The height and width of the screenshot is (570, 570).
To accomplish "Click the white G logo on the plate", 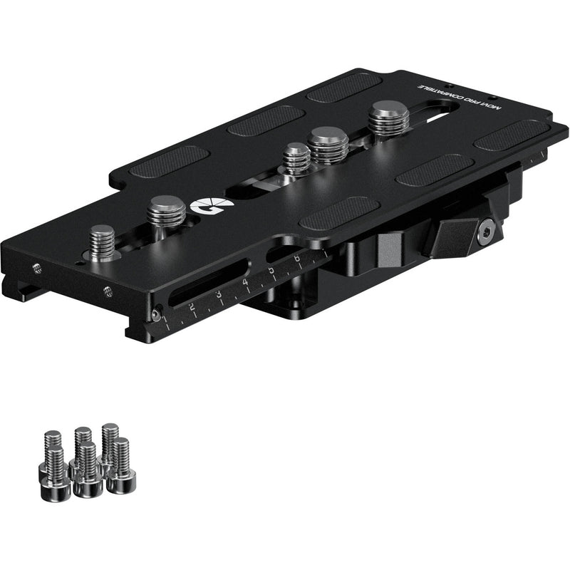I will pyautogui.click(x=202, y=207).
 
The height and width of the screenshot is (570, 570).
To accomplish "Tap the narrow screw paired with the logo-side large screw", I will pyautogui.click(x=103, y=242).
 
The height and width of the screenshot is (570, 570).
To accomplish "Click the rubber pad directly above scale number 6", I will pyautogui.click(x=330, y=213).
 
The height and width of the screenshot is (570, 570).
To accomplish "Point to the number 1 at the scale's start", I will pyautogui.click(x=166, y=318).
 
